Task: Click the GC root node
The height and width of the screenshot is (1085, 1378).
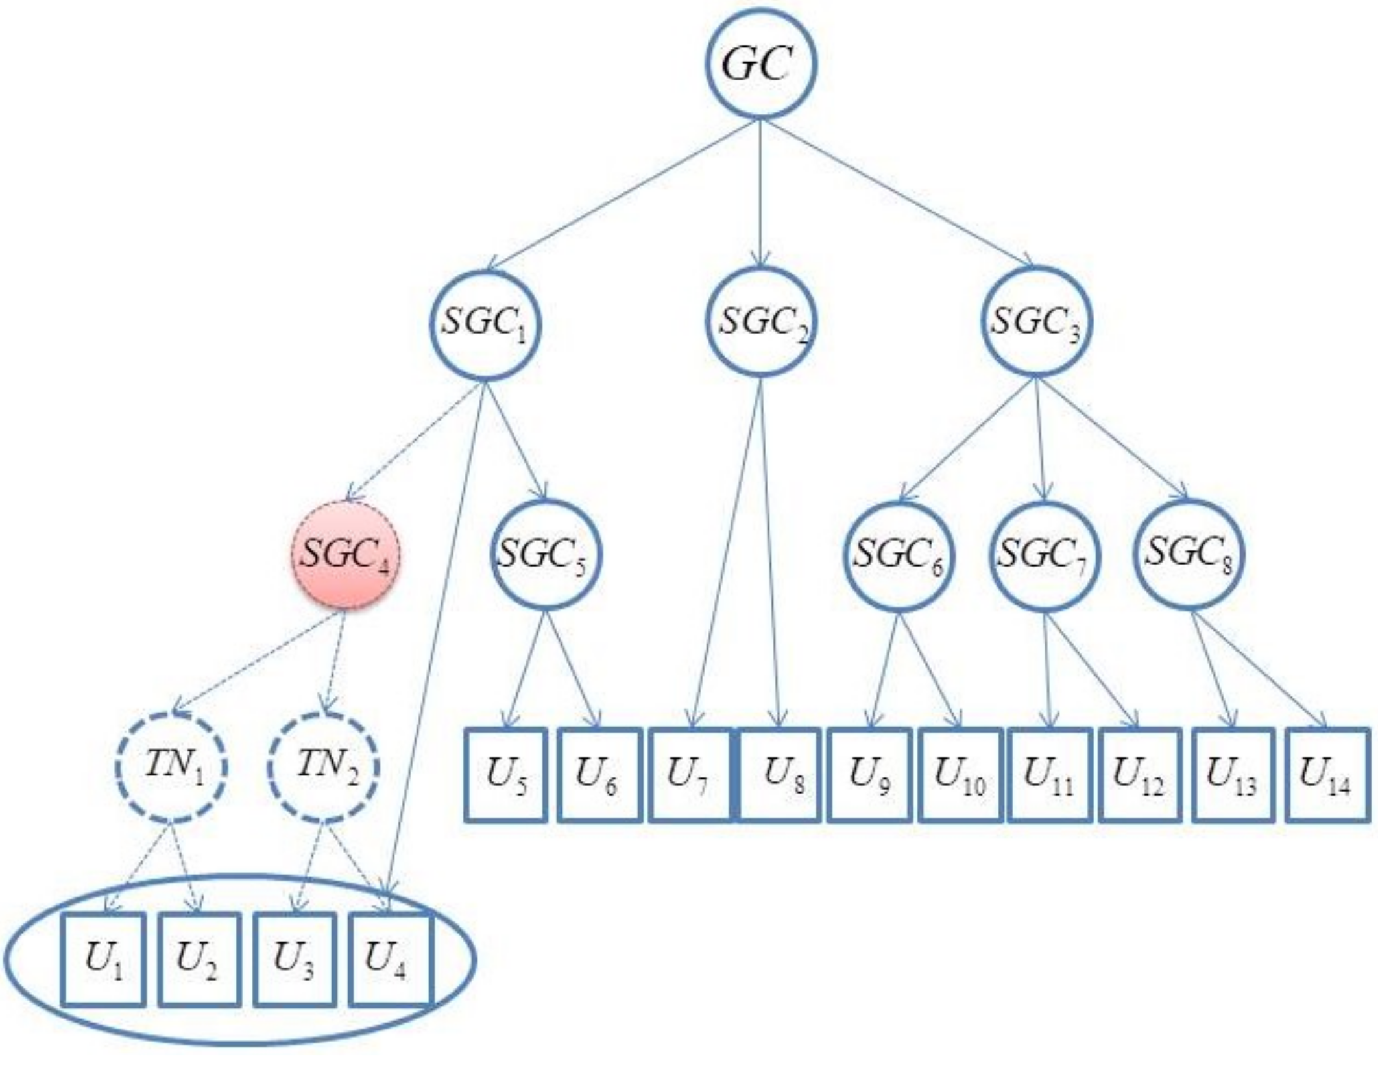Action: click(760, 64)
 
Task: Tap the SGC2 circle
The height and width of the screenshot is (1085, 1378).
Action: click(760, 323)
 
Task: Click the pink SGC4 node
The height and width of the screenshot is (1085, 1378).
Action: click(344, 554)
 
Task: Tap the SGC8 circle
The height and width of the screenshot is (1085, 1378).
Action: click(1189, 554)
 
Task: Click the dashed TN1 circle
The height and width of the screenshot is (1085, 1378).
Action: click(172, 766)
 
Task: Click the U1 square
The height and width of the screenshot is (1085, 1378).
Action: click(103, 960)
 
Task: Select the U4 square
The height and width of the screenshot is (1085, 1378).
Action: click(389, 960)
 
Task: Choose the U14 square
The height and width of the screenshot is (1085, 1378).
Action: click(1326, 775)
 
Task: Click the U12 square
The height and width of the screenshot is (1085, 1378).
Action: click(1139, 775)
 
